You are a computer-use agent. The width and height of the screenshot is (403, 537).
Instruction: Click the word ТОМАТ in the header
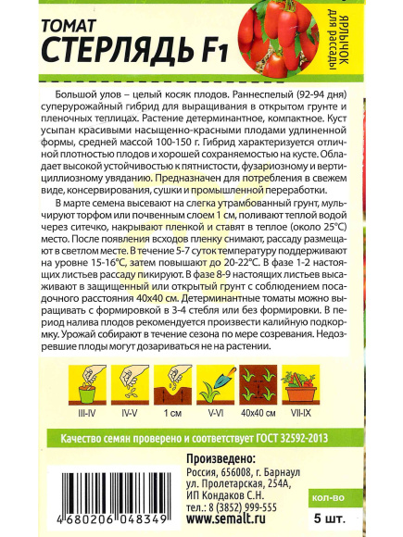coord(73,20)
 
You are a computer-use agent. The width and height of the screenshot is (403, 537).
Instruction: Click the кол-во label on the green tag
coord(363,498)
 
